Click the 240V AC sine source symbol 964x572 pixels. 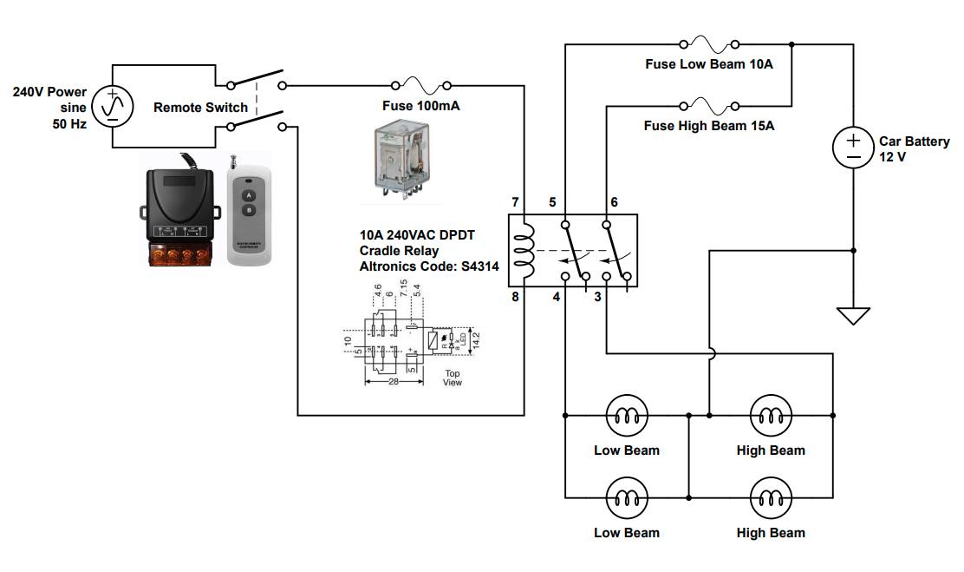(113, 105)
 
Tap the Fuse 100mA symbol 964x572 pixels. (421, 86)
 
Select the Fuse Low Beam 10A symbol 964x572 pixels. (709, 44)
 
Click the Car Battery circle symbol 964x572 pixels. (854, 148)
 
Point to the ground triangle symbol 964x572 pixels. (854, 315)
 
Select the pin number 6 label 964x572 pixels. (614, 202)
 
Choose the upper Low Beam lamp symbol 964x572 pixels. (626, 417)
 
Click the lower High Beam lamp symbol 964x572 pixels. (770, 499)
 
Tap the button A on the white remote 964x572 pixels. (247, 196)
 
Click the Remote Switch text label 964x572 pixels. (200, 108)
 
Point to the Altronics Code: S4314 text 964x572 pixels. (429, 266)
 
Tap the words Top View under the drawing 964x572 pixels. (453, 378)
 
